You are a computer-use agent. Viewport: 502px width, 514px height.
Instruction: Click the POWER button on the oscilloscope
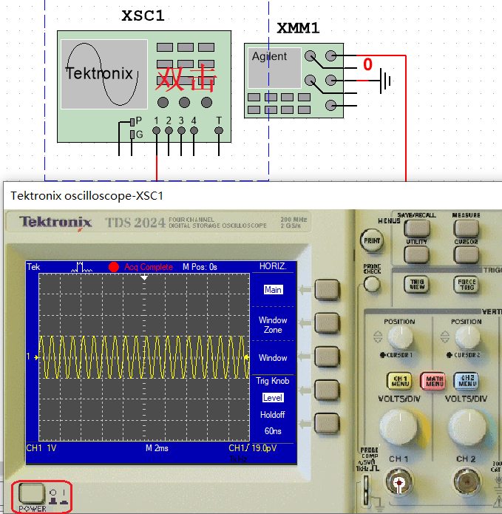(x=32, y=493)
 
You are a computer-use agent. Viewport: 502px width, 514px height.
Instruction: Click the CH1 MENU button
(x=399, y=381)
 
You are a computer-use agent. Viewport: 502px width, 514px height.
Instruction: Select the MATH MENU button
(x=433, y=381)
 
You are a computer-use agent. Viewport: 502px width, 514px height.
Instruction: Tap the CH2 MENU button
(x=467, y=381)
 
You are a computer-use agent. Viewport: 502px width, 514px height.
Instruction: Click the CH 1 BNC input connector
(x=399, y=484)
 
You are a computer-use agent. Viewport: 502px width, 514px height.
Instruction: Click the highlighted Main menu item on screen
(x=273, y=290)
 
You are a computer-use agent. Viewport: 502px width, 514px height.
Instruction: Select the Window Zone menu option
(x=273, y=325)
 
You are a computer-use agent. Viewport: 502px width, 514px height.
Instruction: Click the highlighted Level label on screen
(x=273, y=398)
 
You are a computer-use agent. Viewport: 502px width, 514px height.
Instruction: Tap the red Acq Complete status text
(x=148, y=267)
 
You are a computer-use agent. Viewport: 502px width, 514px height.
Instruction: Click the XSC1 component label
(x=143, y=16)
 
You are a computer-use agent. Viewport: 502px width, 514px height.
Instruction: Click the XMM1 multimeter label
(x=298, y=29)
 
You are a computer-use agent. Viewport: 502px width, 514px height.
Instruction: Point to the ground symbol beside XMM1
(x=384, y=80)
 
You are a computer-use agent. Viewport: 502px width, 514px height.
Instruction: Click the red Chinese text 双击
(x=186, y=77)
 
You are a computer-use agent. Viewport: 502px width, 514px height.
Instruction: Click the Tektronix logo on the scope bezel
(x=56, y=222)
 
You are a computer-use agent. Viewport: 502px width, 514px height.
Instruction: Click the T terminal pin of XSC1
(x=218, y=130)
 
